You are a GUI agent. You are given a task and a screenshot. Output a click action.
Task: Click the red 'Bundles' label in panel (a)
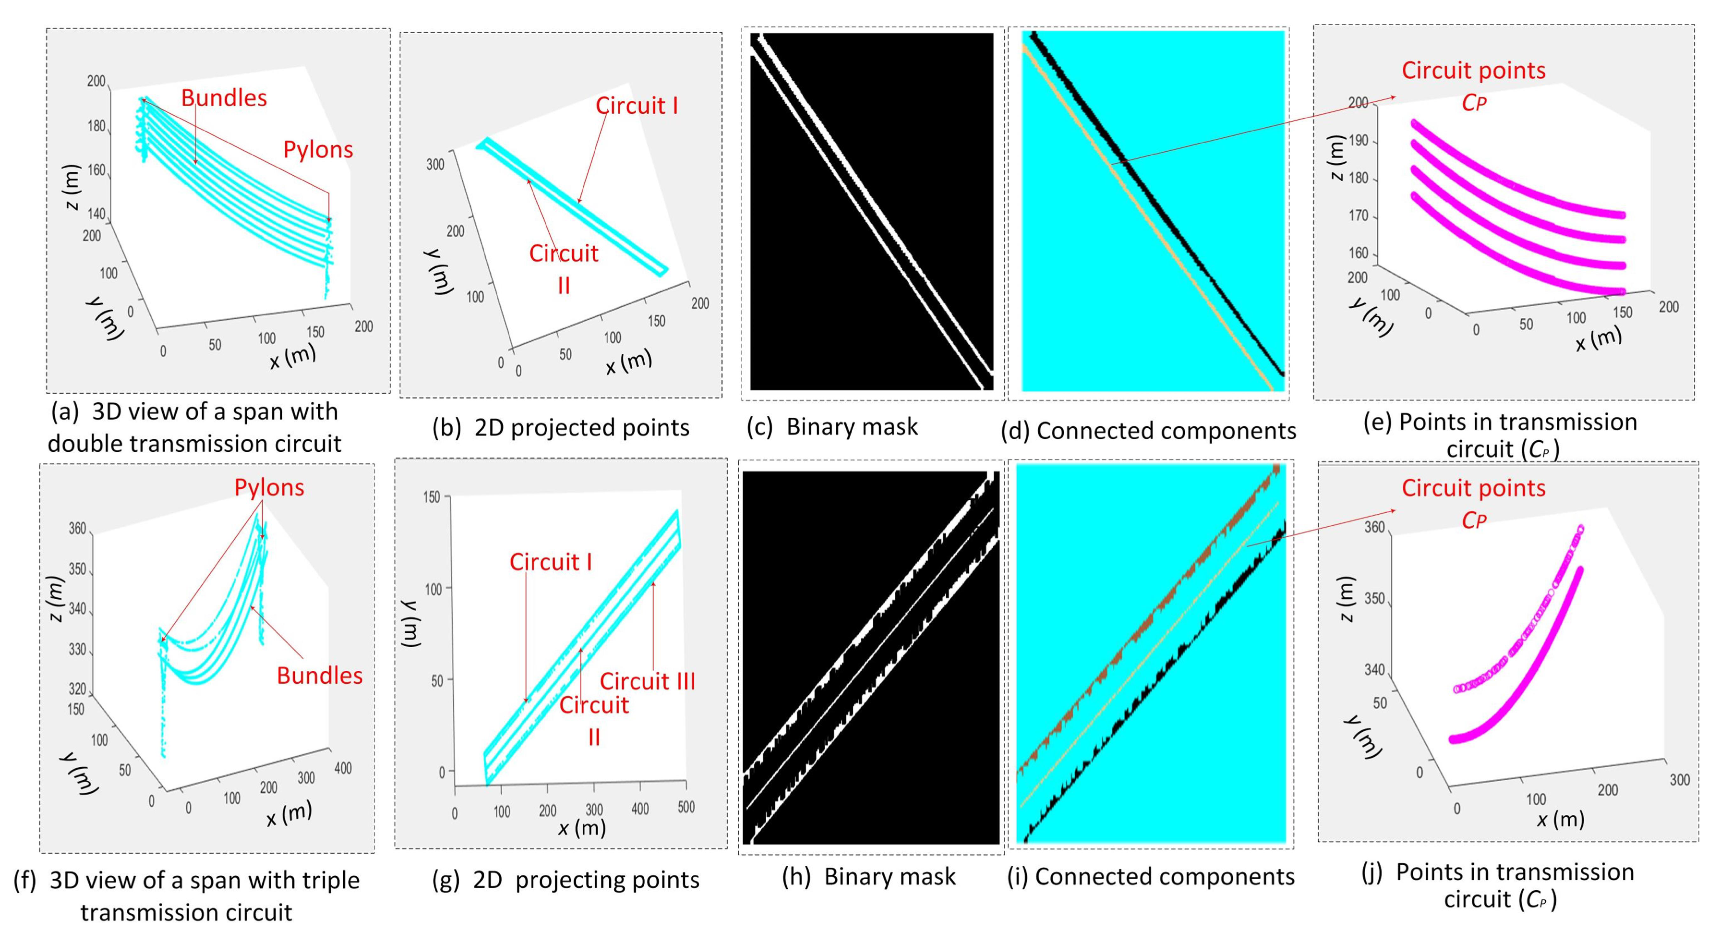pos(224,98)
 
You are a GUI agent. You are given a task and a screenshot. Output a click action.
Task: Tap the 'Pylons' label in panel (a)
pos(318,150)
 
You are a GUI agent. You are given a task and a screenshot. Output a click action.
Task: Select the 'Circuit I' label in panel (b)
pos(637,106)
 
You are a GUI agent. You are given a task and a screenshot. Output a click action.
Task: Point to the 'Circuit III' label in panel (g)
pos(647,681)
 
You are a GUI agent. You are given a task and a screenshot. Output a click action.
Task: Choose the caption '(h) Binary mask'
pos(869,876)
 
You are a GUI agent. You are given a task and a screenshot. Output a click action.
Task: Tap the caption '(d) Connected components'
pos(1148,431)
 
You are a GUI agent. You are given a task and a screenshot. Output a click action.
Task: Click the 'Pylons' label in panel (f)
pos(269,487)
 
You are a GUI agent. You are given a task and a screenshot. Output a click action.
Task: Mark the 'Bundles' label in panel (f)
pos(319,676)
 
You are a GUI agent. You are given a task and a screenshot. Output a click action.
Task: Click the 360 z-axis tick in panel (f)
pos(77,529)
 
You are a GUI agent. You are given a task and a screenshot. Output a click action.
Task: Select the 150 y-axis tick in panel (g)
pos(432,497)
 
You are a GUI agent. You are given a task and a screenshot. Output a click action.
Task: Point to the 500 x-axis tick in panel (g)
pos(686,807)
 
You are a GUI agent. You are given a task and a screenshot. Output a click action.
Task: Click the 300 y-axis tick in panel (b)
pos(435,164)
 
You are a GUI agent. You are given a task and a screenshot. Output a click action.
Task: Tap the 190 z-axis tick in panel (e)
pos(1358,141)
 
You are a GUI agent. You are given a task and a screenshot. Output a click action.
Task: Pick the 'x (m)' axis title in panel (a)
pos(292,357)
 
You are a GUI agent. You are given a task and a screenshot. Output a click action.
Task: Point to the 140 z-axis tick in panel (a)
pos(96,214)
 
